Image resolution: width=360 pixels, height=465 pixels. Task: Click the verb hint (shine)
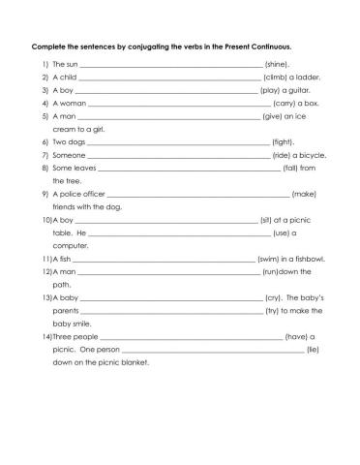pos(277,62)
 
